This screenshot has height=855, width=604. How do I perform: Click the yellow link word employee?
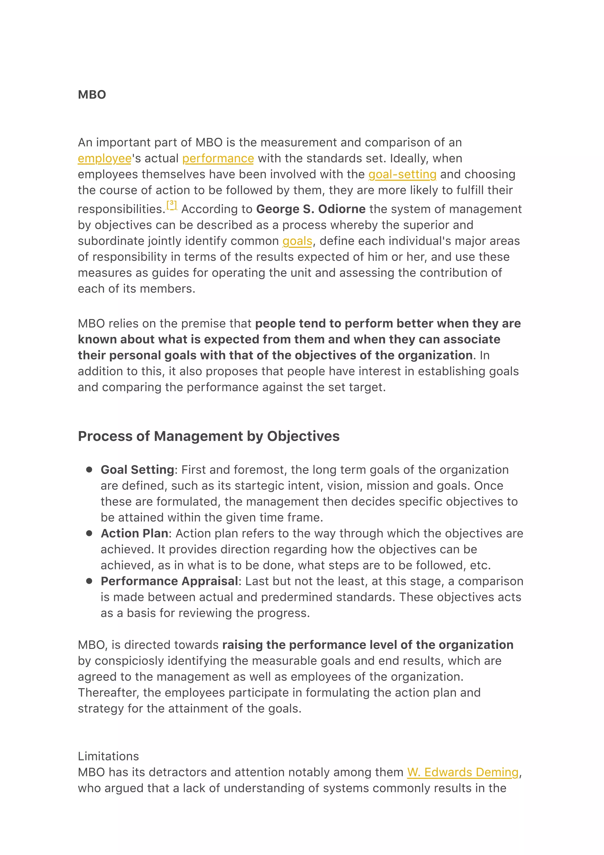click(105, 159)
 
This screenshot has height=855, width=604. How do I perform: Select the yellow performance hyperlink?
click(218, 159)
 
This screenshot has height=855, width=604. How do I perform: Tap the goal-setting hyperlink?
click(402, 174)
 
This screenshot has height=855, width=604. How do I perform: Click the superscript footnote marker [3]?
click(172, 204)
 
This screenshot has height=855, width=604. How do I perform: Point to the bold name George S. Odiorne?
click(311, 209)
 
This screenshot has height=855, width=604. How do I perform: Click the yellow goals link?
click(297, 241)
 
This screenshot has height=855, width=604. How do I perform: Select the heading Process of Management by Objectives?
click(209, 436)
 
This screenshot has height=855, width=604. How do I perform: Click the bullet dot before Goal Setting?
click(89, 470)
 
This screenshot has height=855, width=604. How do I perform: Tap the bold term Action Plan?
click(134, 533)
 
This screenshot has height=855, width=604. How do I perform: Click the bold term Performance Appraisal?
click(169, 581)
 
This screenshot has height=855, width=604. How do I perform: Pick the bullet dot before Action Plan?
click(89, 533)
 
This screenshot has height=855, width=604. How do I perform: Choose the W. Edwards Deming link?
click(462, 772)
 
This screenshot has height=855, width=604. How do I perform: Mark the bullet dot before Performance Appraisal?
click(89, 581)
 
